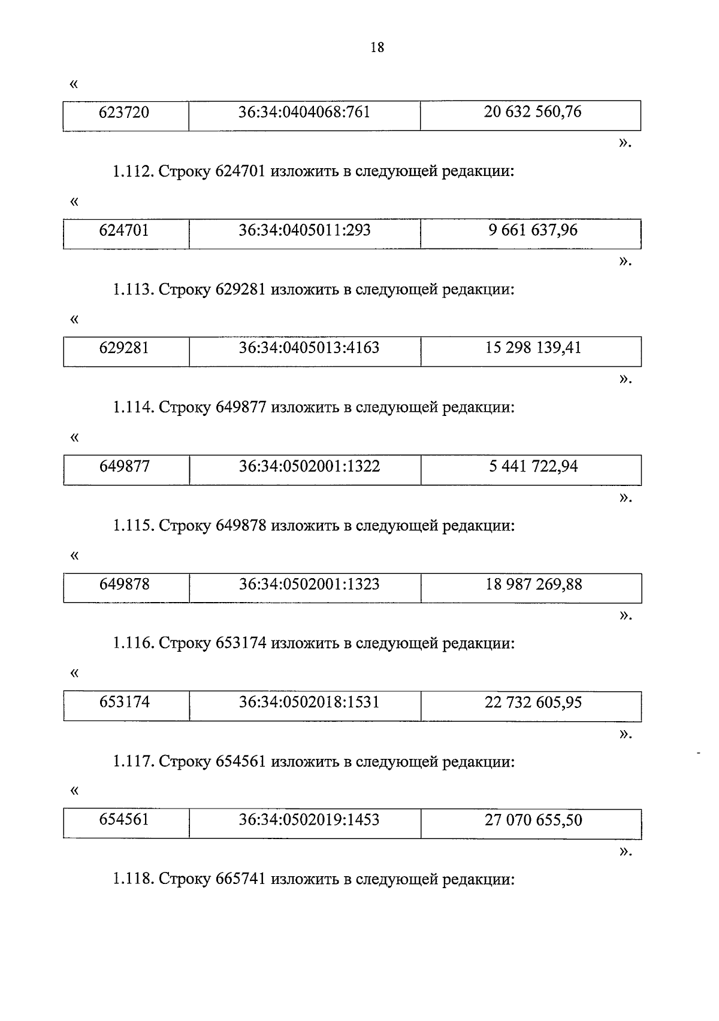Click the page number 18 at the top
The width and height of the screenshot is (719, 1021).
point(377,48)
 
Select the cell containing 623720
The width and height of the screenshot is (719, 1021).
point(125,113)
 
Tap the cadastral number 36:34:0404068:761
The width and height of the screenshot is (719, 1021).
point(304,113)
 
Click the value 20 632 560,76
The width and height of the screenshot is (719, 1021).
point(532,112)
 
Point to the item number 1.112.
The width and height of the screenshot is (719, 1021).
point(134,172)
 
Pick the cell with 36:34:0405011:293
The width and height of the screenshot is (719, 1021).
point(304,230)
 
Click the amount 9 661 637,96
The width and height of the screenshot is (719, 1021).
point(533,230)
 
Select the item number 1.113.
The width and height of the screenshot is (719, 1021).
point(134,290)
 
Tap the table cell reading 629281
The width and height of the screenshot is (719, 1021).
point(125,348)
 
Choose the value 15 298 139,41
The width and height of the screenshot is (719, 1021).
point(533,348)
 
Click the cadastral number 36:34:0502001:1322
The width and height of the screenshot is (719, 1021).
point(309,466)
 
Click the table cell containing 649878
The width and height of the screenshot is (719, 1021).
point(125,584)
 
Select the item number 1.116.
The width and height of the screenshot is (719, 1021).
point(134,644)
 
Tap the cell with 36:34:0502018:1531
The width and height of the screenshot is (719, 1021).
point(309,702)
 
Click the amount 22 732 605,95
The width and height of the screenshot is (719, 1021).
point(533,702)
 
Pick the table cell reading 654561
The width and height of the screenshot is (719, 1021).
point(125,820)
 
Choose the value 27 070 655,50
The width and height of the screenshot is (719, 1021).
point(533,820)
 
